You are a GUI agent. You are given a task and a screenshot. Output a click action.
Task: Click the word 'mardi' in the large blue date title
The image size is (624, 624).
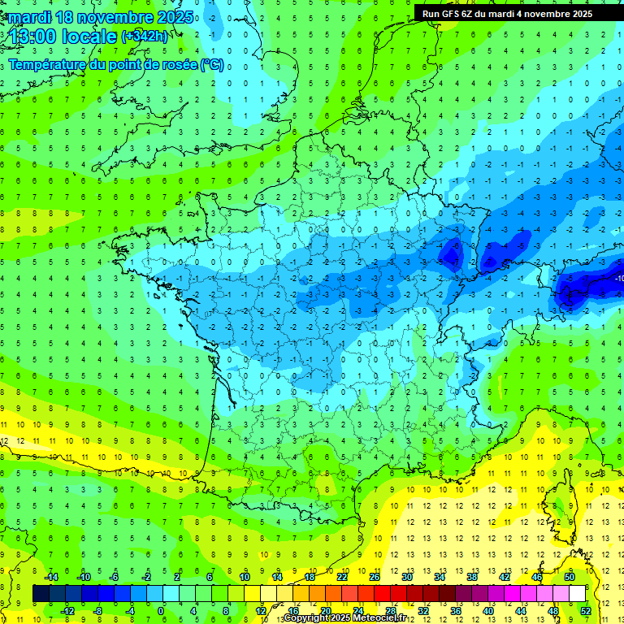click(x=28, y=17)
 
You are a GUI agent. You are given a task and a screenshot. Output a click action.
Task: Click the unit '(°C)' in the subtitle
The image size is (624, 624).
click(x=211, y=65)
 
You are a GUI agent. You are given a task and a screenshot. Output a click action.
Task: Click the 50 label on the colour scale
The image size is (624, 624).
click(x=570, y=577)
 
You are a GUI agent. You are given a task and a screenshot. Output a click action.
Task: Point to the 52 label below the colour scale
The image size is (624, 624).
click(x=586, y=610)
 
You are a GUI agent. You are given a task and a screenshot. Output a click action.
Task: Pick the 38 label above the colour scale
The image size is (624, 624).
click(x=472, y=577)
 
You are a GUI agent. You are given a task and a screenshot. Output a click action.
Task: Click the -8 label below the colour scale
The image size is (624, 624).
click(x=98, y=610)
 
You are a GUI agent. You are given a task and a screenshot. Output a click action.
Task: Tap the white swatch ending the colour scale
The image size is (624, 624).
click(x=577, y=594)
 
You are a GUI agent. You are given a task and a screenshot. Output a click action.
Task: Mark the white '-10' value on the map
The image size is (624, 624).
click(x=619, y=279)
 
